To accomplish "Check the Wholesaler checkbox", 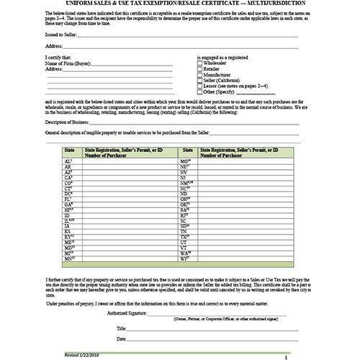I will pyautogui.click(x=199, y=63).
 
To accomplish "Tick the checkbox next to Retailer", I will pyautogui.click(x=199, y=70).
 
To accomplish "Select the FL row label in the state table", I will pyautogui.click(x=67, y=198).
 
